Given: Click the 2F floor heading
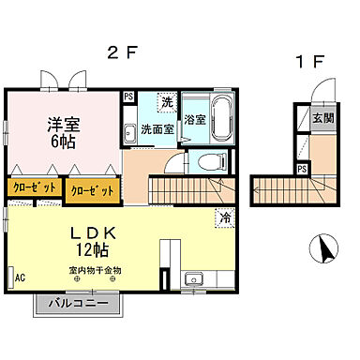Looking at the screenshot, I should coord(125,52).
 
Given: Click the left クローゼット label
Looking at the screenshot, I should coord(32,188).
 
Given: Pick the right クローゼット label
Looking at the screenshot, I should coord(92,189).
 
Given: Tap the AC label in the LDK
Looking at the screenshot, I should coord(20,278).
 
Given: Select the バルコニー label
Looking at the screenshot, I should coord(80,304).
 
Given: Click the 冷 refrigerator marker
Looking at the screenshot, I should coord(225,217).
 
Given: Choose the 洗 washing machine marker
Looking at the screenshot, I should coord(165,101).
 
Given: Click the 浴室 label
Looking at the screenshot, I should coord(195,120).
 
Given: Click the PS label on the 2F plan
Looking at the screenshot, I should coord(128,96).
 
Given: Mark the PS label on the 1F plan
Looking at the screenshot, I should coord(302,169).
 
